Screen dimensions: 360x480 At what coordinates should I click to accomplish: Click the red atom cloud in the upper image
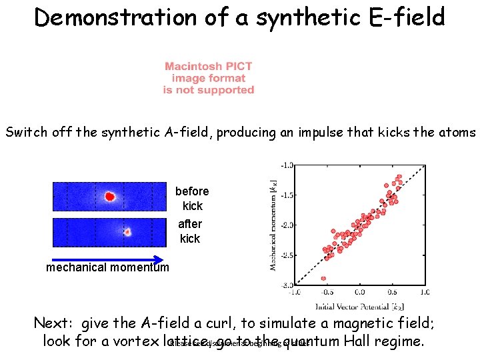pyautogui.click(x=109, y=197)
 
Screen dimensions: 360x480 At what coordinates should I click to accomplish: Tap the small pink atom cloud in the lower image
pyautogui.click(x=127, y=232)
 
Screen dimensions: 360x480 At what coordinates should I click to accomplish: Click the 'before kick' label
pyautogui.click(x=192, y=199)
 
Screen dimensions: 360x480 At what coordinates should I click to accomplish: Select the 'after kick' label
pyautogui.click(x=191, y=231)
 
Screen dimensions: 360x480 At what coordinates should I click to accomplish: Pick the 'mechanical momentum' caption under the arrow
pyautogui.click(x=107, y=268)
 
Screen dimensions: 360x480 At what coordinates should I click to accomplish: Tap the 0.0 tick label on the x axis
pyautogui.click(x=359, y=292)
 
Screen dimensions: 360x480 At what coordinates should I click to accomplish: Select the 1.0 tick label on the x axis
pyautogui.click(x=425, y=292)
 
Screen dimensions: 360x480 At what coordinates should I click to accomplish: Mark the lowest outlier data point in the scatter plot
pyautogui.click(x=324, y=278)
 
